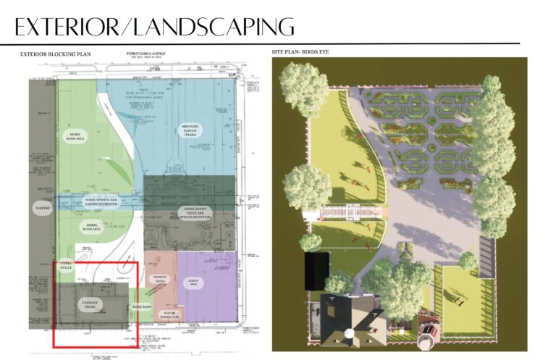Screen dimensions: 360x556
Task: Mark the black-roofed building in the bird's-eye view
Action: coord(316,269)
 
